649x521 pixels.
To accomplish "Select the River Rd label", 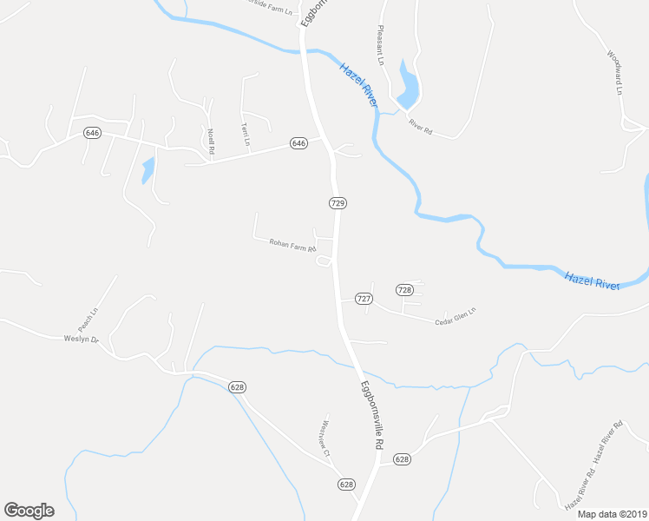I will point(420,127).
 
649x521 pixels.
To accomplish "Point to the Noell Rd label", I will point(211,142).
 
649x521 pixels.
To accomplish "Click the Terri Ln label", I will point(246,134).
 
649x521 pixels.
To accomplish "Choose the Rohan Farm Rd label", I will point(293,246).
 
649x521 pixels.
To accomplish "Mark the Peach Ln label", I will point(88,319).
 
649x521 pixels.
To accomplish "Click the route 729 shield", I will point(338,202).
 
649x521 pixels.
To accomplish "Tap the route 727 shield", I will point(364,299).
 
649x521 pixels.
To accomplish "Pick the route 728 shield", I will point(403,289).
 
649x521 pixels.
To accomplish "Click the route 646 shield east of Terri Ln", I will point(298,142).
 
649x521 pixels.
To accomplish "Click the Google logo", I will point(29,511).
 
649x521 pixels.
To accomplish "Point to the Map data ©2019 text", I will point(613,513).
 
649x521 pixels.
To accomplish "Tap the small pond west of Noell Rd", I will point(147,169).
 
